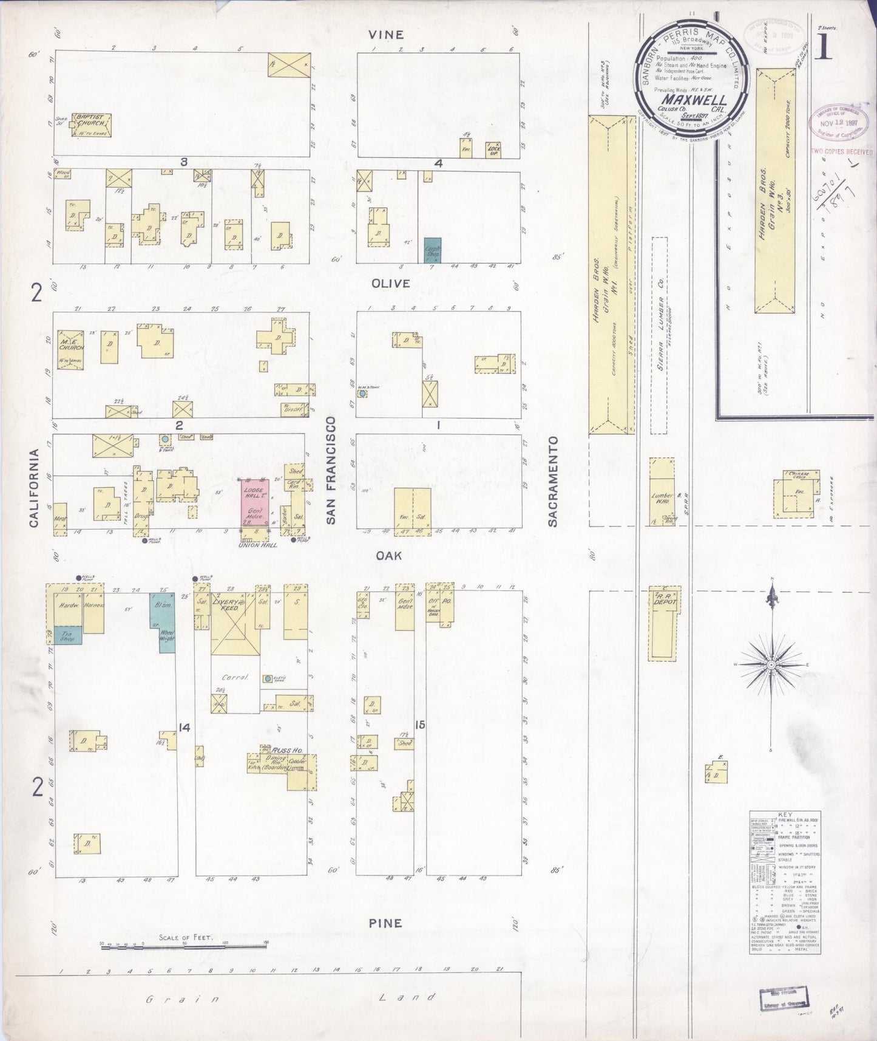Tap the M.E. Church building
(x=70, y=349)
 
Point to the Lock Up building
(x=493, y=150)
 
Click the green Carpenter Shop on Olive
(x=432, y=250)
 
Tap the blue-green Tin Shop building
(x=67, y=636)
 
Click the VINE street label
(x=386, y=35)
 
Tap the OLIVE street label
(x=391, y=284)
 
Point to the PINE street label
(x=385, y=923)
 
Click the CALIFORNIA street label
(x=34, y=488)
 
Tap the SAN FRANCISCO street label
(x=331, y=470)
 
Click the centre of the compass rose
(x=771, y=665)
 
